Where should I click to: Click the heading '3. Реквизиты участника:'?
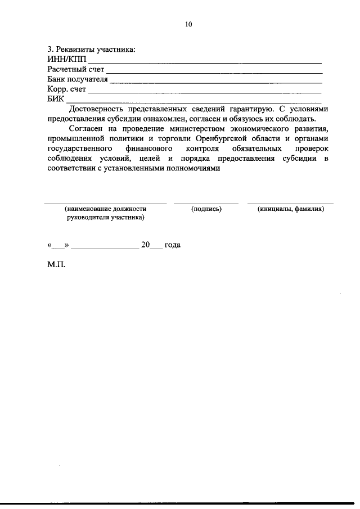(x=91, y=50)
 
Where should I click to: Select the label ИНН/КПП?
(x=67, y=60)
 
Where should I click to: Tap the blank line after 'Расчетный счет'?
(x=214, y=72)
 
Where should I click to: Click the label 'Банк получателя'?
(x=78, y=79)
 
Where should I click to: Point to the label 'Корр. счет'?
(x=66, y=89)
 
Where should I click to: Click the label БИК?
(x=56, y=99)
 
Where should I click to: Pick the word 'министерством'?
(x=170, y=128)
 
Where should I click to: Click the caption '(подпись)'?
(x=206, y=209)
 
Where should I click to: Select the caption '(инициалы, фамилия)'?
(x=290, y=209)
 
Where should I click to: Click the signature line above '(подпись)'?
(x=206, y=202)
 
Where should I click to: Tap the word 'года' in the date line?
(x=172, y=245)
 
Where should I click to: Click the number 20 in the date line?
(x=145, y=245)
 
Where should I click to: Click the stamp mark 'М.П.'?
(x=56, y=264)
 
